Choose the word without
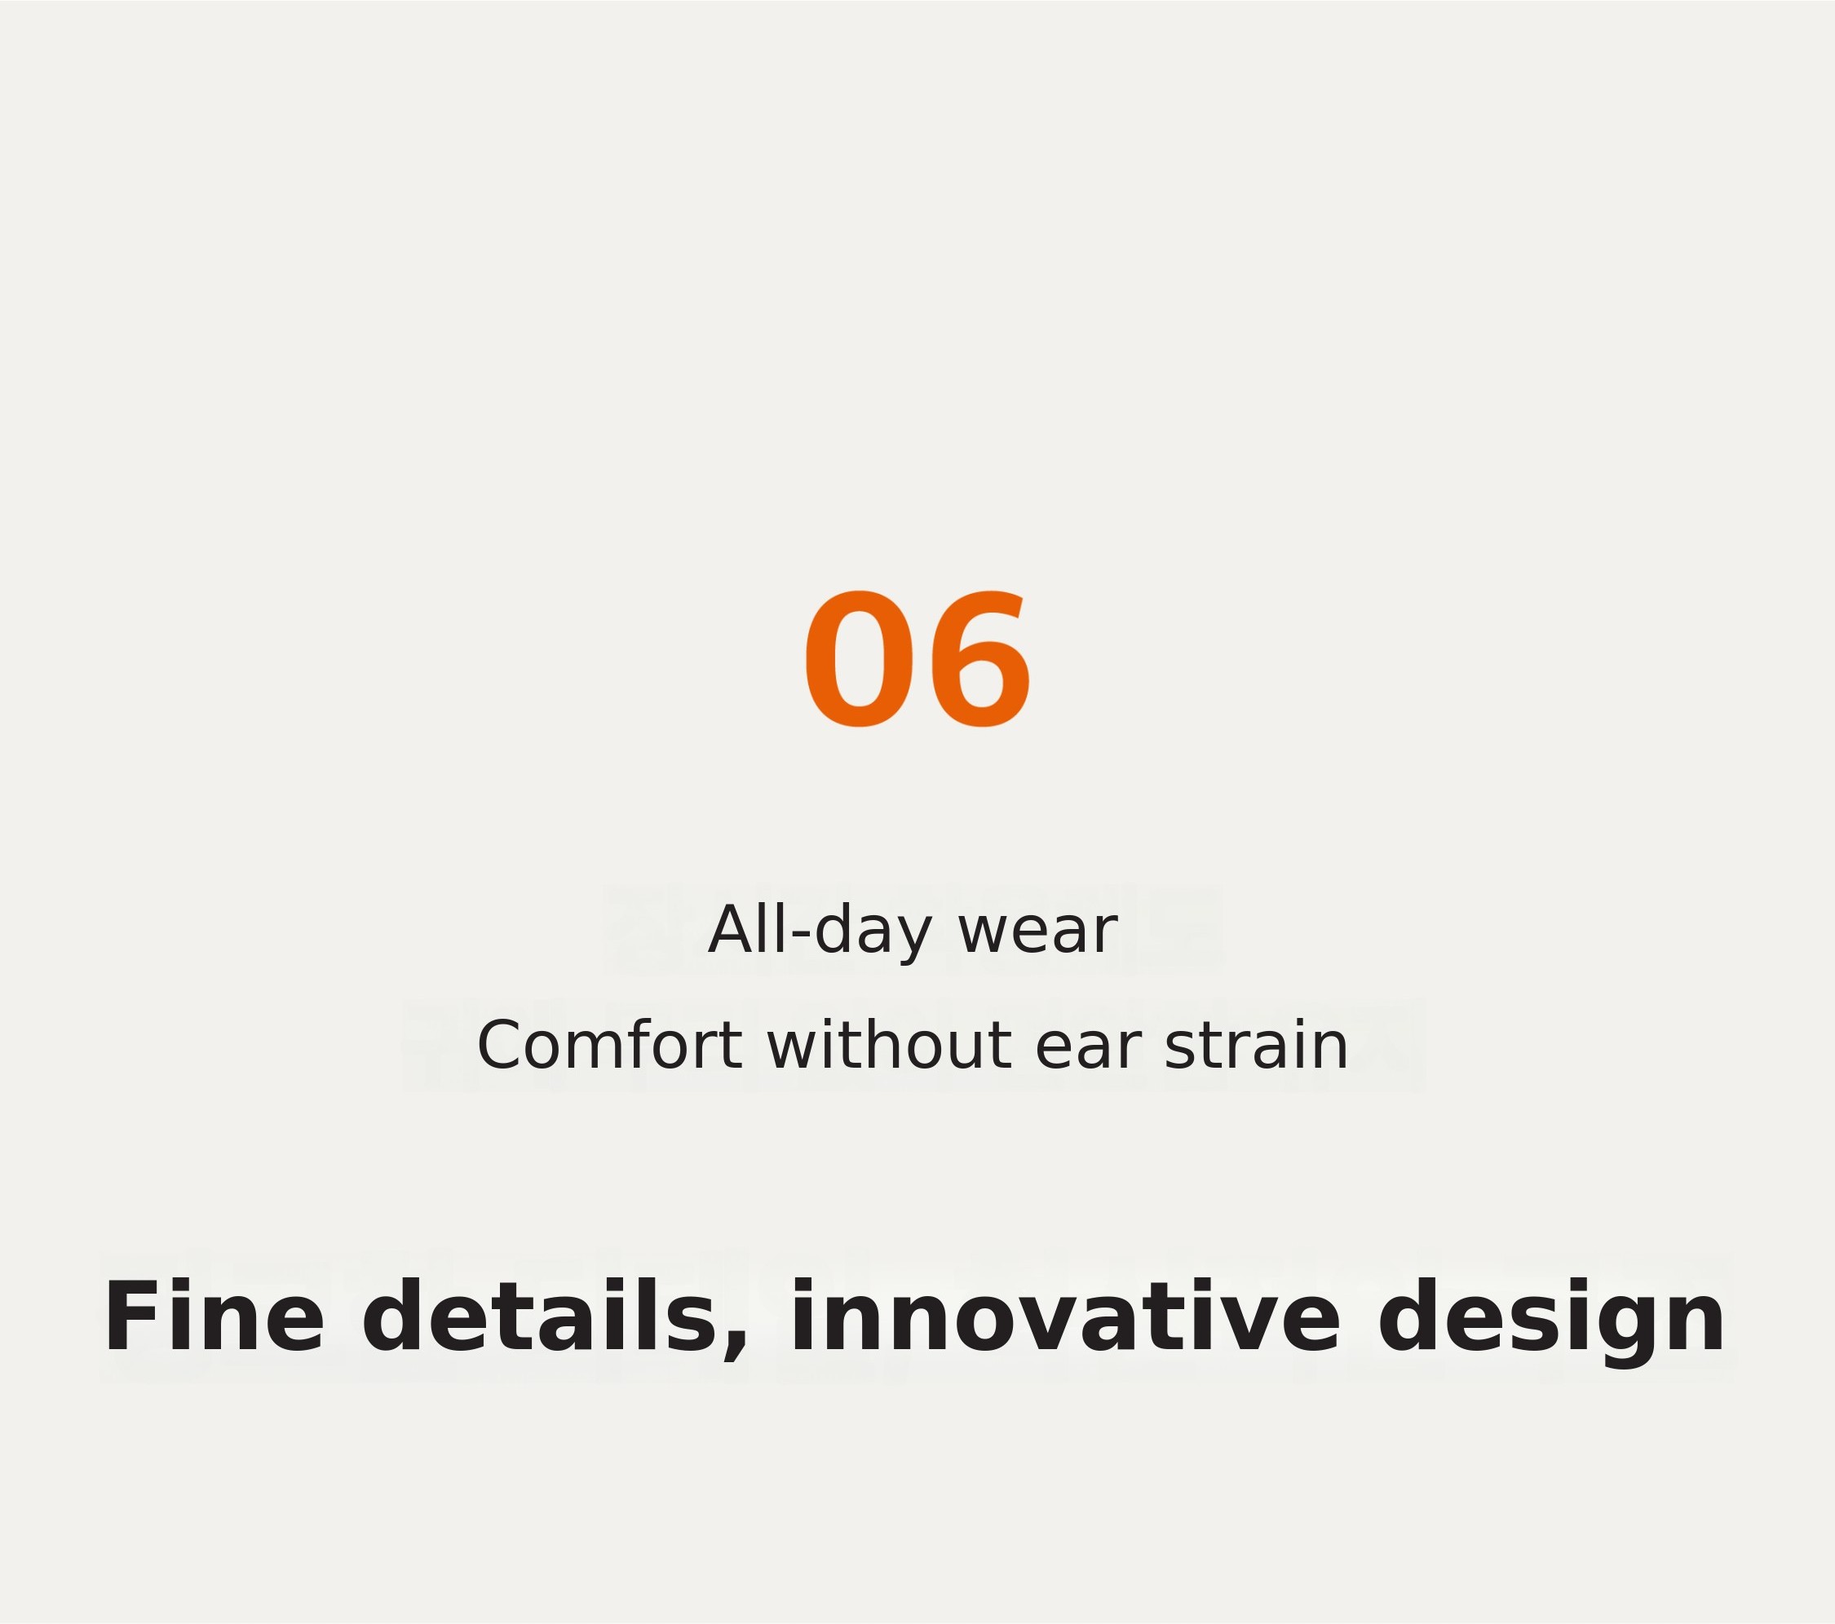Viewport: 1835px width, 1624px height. click(889, 1046)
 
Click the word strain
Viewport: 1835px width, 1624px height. click(1256, 1046)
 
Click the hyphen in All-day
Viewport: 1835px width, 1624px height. click(801, 936)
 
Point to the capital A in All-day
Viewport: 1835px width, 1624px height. click(732, 930)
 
